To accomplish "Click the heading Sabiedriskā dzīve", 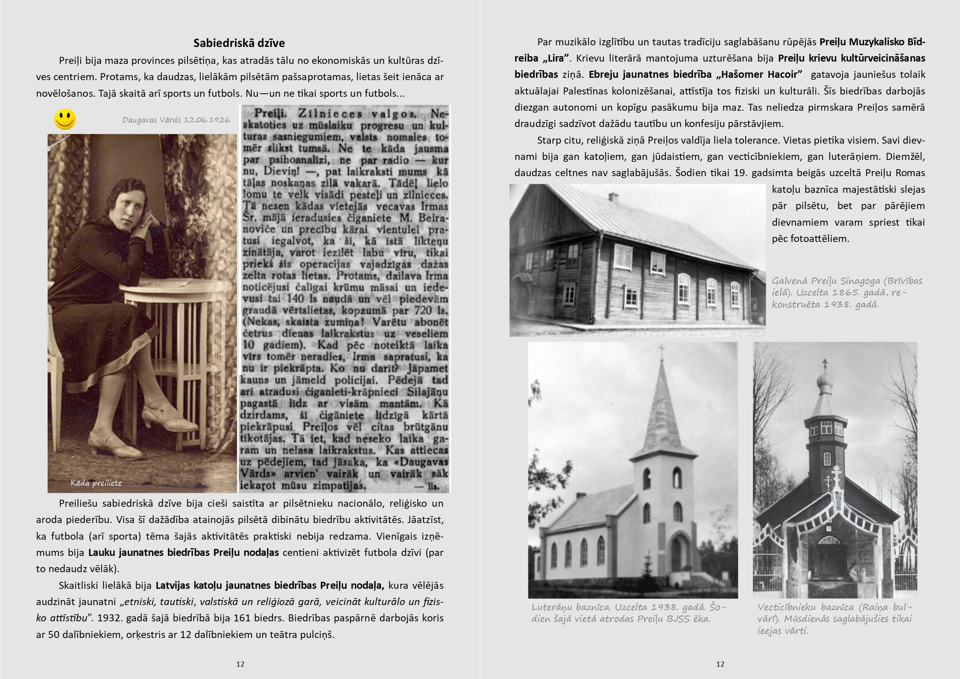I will tap(239, 43).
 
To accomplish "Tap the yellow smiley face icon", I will tap(65, 119).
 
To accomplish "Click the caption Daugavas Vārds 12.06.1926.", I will tap(177, 120).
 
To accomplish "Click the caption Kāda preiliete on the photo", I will tap(96, 483).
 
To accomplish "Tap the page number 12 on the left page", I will tap(240, 664).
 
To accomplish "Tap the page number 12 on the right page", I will tap(720, 664).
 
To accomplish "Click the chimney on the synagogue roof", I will tap(614, 197).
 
